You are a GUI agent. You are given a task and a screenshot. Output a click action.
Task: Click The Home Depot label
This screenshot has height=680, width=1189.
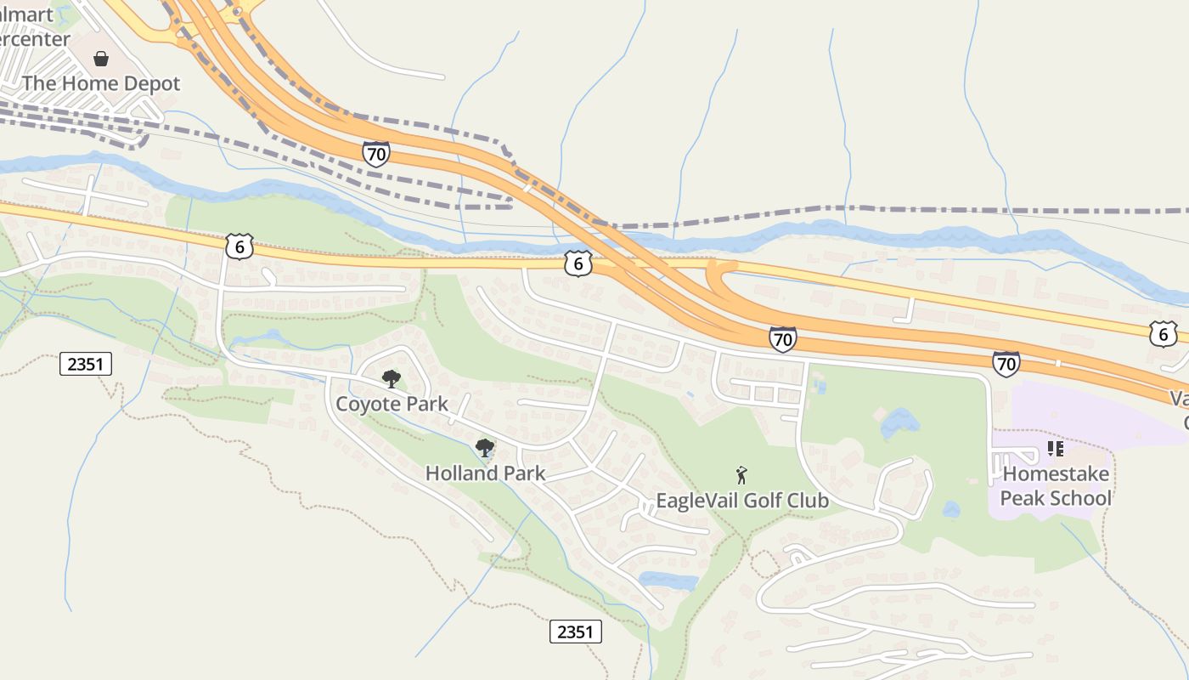[x=101, y=83]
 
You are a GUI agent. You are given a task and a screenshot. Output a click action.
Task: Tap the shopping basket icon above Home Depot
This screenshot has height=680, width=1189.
[x=101, y=59]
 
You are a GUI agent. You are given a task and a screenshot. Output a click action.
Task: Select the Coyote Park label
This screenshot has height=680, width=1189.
[x=392, y=403]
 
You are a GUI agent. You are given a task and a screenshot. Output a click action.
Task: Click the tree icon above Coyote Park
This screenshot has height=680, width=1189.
[x=391, y=378]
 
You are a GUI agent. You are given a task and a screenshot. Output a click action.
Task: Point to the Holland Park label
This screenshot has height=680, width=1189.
[x=485, y=473]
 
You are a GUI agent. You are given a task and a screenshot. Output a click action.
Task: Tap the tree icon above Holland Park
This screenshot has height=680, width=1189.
[x=485, y=447]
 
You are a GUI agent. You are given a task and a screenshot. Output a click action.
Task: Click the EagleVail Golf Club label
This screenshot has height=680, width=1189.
[x=742, y=501]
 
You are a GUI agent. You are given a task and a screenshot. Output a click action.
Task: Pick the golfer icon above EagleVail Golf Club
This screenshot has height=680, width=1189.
[x=742, y=475]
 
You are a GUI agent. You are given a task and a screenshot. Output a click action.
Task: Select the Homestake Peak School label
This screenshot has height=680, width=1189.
[x=1056, y=485]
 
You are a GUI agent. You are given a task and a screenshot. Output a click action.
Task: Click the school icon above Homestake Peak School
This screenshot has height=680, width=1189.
[x=1056, y=448]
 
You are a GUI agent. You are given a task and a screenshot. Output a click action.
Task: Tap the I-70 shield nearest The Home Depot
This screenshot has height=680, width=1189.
[x=375, y=154]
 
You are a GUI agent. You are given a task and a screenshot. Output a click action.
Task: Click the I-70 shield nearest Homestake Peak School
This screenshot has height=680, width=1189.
[x=1006, y=365]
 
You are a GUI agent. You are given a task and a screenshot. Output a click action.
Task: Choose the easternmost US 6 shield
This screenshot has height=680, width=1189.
[x=1163, y=334]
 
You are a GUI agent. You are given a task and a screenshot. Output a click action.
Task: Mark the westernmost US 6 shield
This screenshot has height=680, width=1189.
[x=239, y=246]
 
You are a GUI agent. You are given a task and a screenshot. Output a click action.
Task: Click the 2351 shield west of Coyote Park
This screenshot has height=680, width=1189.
[x=86, y=365]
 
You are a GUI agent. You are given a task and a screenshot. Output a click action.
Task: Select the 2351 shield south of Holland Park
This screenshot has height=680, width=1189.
[x=576, y=632]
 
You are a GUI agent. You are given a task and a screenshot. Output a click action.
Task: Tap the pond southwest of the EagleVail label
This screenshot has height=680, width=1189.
[x=668, y=581]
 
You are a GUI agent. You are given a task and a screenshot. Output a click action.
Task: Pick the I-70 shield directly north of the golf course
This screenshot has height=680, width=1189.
[x=783, y=339]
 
